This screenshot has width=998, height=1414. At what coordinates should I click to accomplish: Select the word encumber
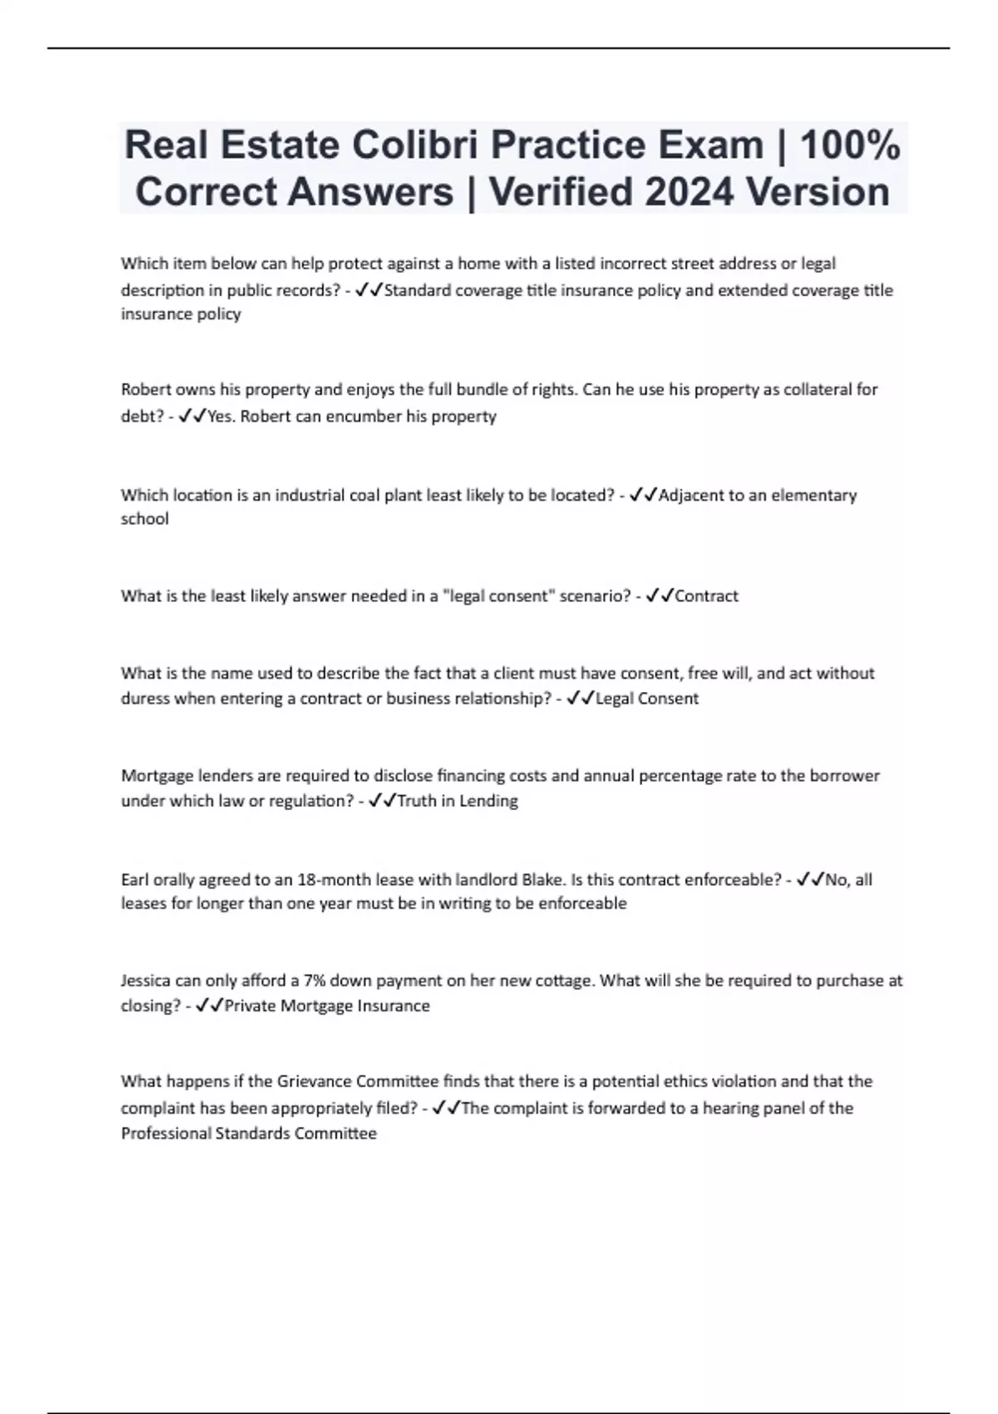click(363, 416)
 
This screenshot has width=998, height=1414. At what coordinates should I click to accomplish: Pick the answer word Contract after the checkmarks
click(707, 596)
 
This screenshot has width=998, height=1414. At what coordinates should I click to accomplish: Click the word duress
click(145, 699)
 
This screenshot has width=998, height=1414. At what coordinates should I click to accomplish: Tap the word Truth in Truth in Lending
click(417, 801)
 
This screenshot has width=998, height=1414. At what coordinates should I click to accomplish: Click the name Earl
click(136, 880)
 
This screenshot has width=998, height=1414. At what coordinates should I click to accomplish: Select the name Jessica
click(146, 981)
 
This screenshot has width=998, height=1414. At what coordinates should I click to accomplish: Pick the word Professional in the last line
click(166, 1134)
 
